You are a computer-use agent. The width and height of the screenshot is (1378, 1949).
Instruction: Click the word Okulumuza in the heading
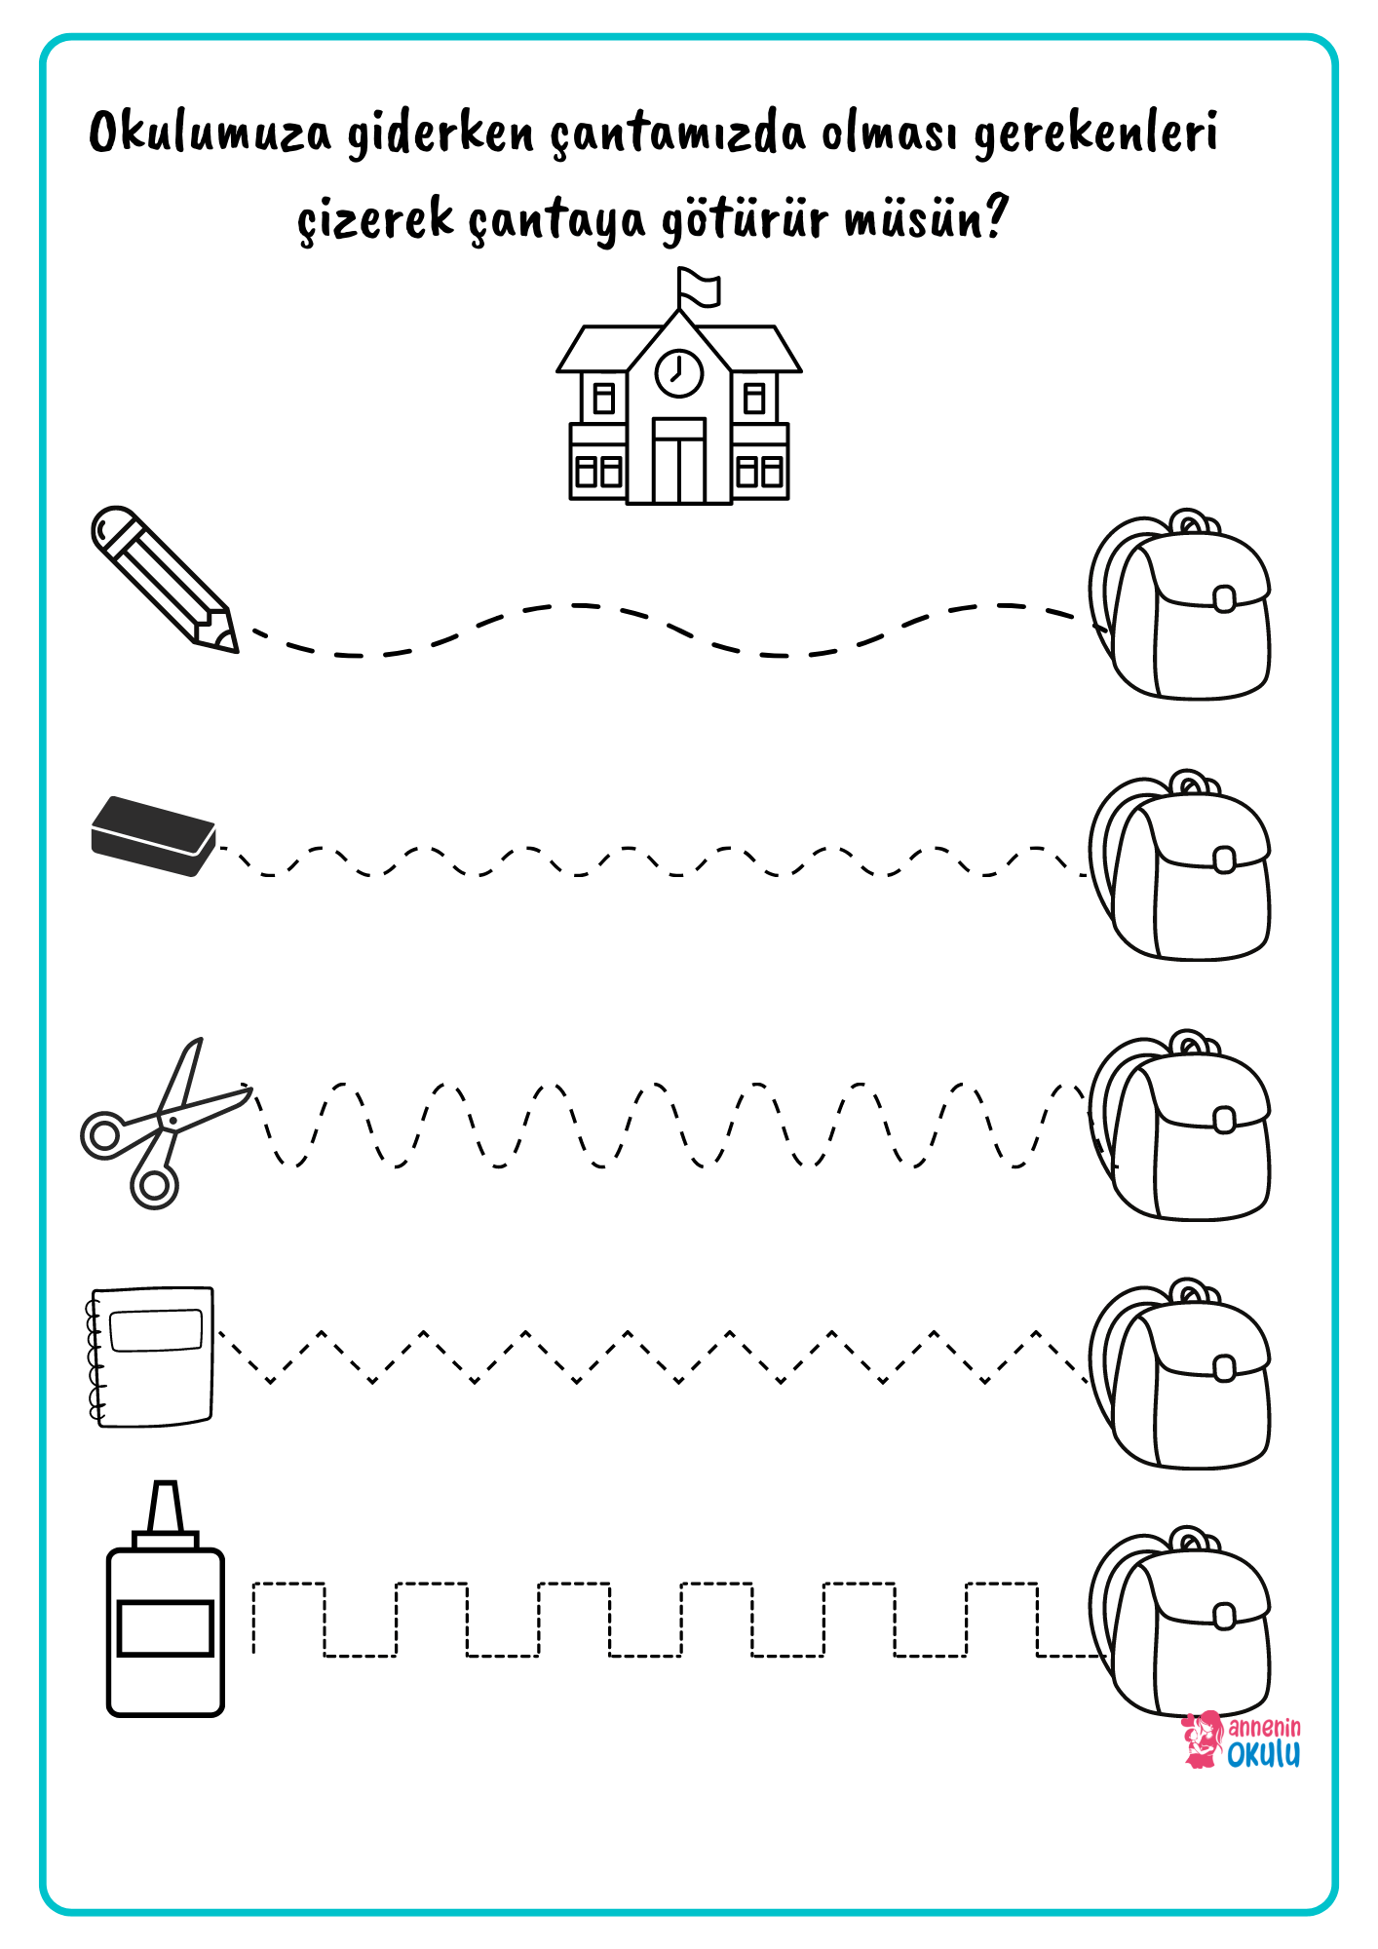click(x=210, y=134)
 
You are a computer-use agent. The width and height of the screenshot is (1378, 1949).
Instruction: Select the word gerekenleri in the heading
click(x=1095, y=134)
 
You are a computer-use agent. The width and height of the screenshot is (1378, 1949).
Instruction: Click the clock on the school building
click(x=679, y=372)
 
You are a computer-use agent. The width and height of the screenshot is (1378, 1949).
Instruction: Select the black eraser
click(x=153, y=836)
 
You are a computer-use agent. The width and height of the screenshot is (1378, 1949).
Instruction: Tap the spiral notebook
click(x=151, y=1357)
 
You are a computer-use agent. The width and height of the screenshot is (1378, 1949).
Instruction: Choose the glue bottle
click(x=166, y=1599)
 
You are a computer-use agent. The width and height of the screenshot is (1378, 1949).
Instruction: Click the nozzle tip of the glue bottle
click(x=166, y=1486)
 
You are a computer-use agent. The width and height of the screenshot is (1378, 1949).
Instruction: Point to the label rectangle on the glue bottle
click(x=166, y=1628)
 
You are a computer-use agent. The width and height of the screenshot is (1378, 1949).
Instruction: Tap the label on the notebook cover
click(x=157, y=1331)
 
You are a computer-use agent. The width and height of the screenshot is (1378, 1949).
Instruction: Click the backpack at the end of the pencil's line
click(x=1180, y=604)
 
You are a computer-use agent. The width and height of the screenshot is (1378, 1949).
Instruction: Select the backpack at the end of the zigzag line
click(x=1180, y=1373)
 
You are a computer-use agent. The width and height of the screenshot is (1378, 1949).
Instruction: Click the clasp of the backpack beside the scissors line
click(x=1225, y=1120)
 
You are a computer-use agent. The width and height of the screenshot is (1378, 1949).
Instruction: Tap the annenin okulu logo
click(x=1242, y=1740)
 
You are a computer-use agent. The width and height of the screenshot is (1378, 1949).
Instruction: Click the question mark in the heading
click(x=994, y=216)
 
